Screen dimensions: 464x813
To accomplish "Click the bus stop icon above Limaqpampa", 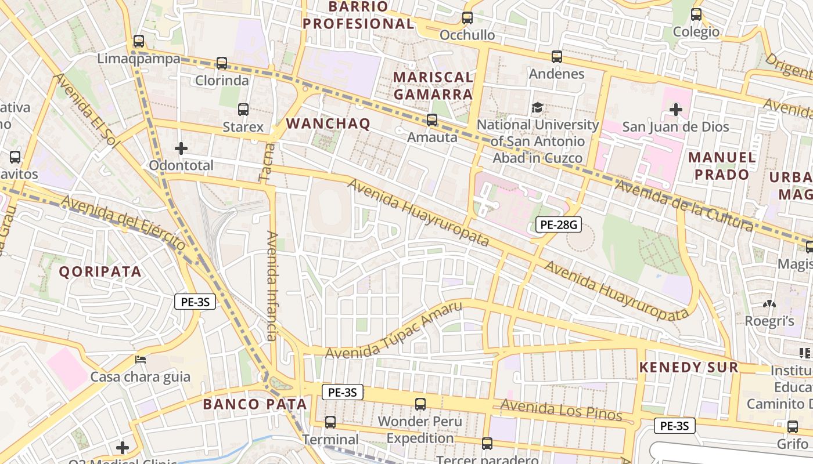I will (x=139, y=41).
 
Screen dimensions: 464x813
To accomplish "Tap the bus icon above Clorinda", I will (x=222, y=63).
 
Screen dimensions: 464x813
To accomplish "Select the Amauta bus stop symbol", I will (x=432, y=120).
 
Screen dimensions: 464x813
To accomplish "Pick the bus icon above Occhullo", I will (x=467, y=18).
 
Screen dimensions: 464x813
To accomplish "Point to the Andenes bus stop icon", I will (x=557, y=57).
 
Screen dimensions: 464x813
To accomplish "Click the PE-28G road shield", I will (x=558, y=224).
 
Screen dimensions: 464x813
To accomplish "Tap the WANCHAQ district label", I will (x=328, y=124).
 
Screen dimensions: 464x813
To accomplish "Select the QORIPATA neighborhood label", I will (x=100, y=271).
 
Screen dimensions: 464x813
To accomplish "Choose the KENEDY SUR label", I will (x=688, y=367).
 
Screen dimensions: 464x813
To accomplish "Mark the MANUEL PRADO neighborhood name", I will (x=722, y=166).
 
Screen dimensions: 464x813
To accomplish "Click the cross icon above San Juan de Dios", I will (x=675, y=109).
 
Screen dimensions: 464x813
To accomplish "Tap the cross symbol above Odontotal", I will (x=181, y=148).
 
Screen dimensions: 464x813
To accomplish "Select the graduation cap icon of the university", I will (x=537, y=108).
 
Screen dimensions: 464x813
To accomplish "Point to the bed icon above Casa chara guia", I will (x=141, y=360).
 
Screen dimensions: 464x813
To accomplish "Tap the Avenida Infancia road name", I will (x=272, y=285).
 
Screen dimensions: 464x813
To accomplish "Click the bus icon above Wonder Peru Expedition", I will (x=420, y=404).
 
